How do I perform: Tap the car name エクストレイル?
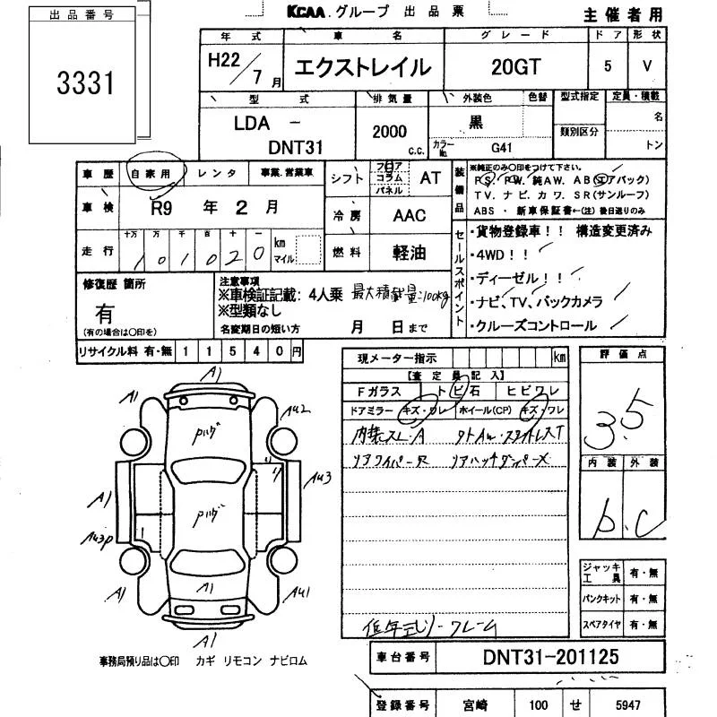(x=364, y=68)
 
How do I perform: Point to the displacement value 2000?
(x=389, y=132)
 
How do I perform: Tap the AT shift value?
(x=430, y=177)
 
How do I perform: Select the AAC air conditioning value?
(x=410, y=216)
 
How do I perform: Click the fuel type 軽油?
(x=410, y=254)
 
